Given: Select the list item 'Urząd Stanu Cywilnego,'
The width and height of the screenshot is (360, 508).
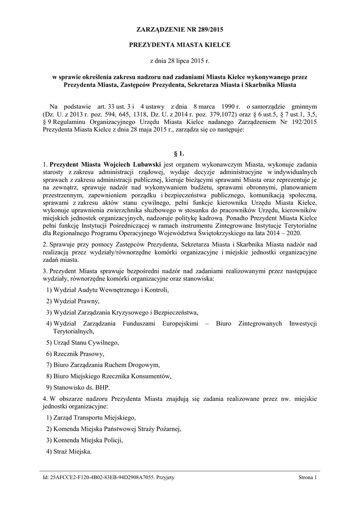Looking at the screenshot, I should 83,342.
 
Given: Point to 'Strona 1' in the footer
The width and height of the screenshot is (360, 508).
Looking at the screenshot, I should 307,477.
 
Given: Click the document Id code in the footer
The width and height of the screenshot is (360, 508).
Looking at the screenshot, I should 101,477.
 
